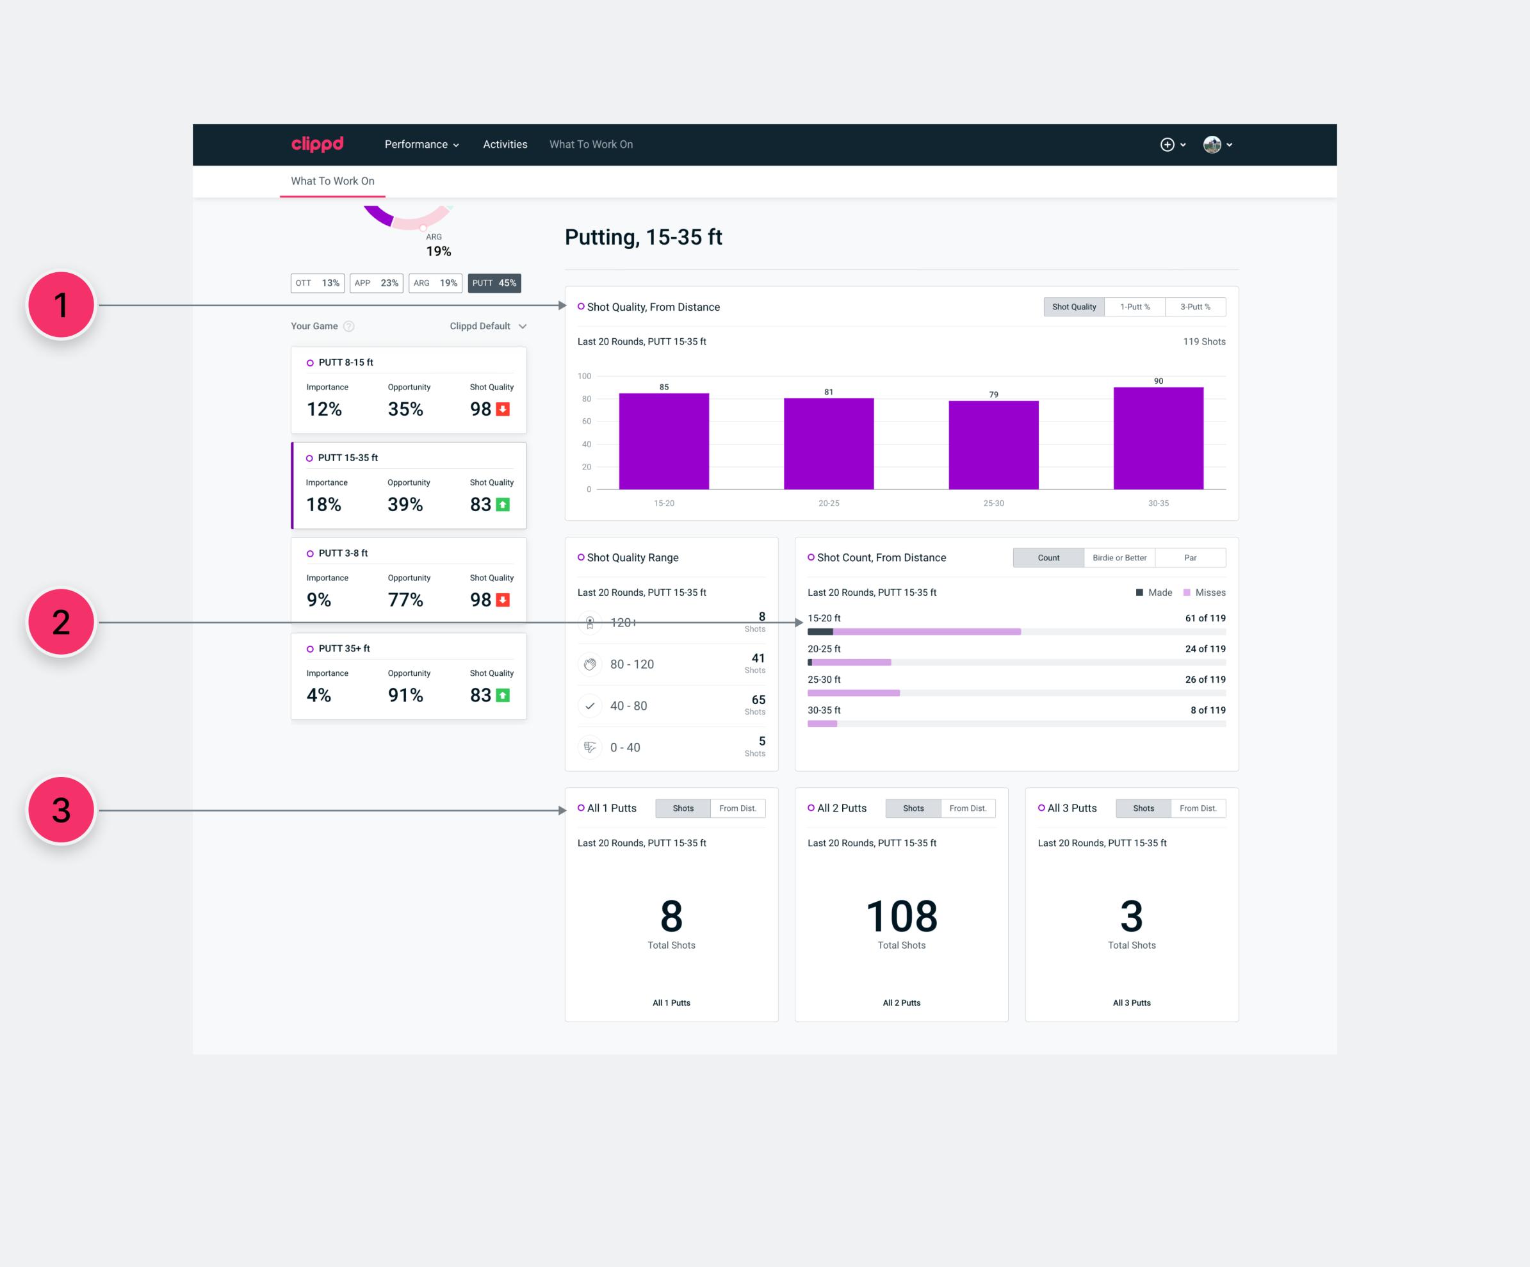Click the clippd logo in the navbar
tap(317, 144)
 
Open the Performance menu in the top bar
tap(421, 144)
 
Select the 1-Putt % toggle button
tap(1134, 307)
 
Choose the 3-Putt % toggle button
tap(1195, 307)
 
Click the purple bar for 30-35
tap(1158, 438)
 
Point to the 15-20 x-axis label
tap(663, 503)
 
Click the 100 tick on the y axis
tap(584, 376)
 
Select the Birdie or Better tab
tap(1119, 558)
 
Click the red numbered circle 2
tap(61, 622)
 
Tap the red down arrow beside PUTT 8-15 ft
tap(503, 409)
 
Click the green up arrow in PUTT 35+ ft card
tap(503, 696)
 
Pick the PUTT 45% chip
tap(494, 283)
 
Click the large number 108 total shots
tap(901, 916)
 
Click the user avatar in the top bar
tap(1212, 144)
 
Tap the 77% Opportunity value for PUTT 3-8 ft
tap(405, 600)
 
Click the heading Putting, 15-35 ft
tap(644, 238)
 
